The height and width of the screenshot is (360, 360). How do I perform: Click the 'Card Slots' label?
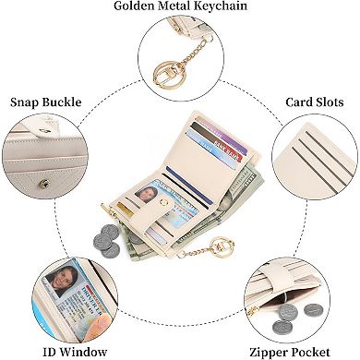[x=312, y=102]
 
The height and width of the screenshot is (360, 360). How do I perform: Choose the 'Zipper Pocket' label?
[x=302, y=352]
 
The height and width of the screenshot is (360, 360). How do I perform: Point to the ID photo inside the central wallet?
[x=147, y=195]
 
